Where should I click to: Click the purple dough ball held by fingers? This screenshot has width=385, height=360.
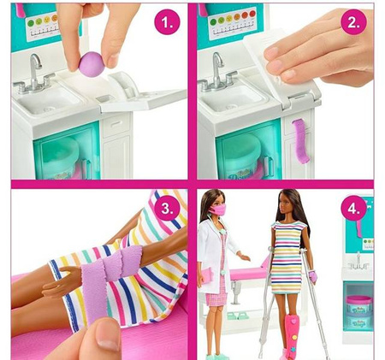point(91,62)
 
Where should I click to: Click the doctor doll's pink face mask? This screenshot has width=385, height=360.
point(218,209)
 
